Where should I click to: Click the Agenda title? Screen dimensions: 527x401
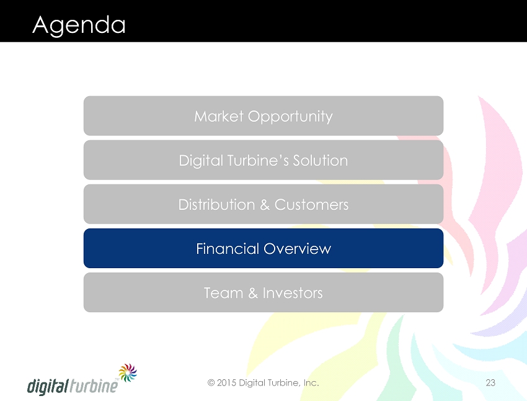[79, 25]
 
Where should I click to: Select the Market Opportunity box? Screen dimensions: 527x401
[263, 115]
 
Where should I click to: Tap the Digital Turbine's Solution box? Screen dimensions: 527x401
[263, 160]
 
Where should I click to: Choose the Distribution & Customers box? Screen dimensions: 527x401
[263, 204]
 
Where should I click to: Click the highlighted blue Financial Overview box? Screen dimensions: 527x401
[263, 248]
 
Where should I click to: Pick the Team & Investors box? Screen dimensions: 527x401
[263, 292]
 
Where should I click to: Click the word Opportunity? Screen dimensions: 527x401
[290, 117]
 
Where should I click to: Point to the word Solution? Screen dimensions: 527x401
[321, 161]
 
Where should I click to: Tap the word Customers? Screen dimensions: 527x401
[312, 205]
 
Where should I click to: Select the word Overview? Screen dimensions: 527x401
[298, 249]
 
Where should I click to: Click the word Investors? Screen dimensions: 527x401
[293, 293]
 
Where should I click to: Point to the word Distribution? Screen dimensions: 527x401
[216, 205]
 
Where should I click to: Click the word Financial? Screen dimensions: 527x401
[228, 249]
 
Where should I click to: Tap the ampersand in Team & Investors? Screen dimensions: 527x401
[253, 293]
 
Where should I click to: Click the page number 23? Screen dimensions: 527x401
[490, 382]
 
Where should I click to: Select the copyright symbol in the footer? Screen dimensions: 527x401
[211, 383]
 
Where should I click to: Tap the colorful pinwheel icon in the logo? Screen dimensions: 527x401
[128, 372]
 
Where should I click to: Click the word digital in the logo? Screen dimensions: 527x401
[48, 386]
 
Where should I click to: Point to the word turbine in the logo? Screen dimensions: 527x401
[94, 385]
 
